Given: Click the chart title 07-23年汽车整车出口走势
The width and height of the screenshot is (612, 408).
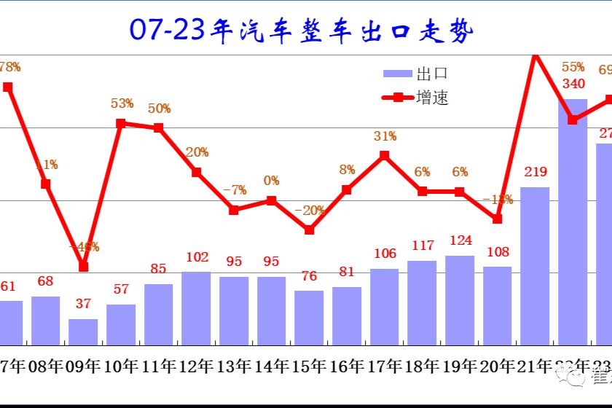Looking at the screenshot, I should click(302, 31).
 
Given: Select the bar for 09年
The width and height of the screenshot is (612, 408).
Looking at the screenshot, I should click(83, 331).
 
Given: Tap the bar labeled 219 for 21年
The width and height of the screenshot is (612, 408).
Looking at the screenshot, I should click(535, 266).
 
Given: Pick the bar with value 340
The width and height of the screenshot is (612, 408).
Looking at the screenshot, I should click(573, 222).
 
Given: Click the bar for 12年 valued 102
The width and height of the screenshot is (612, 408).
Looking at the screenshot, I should click(196, 307).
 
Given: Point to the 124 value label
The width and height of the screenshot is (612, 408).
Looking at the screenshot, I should click(460, 240).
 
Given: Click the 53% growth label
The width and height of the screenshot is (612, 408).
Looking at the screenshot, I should click(122, 103).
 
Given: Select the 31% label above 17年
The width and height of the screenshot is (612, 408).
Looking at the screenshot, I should click(385, 136).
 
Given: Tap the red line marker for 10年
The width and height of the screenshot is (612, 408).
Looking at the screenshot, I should click(121, 123).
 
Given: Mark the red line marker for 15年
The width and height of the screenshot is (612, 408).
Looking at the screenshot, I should click(309, 229).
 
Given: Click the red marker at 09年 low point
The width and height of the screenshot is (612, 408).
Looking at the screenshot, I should click(83, 267).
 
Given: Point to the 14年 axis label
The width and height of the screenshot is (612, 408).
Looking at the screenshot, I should click(271, 365).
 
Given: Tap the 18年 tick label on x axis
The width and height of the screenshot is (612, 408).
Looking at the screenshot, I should click(422, 365).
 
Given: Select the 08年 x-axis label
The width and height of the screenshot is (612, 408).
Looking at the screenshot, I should click(45, 365).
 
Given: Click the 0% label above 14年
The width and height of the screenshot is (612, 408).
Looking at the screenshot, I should click(272, 181).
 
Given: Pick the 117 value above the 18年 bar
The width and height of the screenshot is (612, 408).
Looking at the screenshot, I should click(423, 246).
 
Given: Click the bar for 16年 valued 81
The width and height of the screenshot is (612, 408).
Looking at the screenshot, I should click(347, 315).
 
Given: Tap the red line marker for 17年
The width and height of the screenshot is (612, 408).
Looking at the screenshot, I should click(385, 155).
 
